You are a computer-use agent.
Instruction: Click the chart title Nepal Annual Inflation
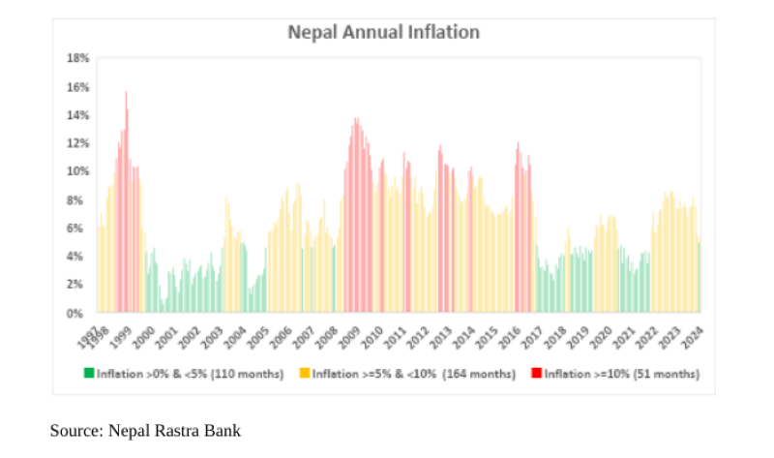384,32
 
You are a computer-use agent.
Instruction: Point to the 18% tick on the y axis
77,58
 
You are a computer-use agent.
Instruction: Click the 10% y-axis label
77,171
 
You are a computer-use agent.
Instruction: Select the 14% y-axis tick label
77,115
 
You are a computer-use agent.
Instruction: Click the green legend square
89,373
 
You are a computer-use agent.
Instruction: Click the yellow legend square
304,373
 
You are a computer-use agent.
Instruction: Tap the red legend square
537,373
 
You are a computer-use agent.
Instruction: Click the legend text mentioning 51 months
621,373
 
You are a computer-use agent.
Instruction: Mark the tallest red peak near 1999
126,94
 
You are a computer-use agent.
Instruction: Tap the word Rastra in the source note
177,430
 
